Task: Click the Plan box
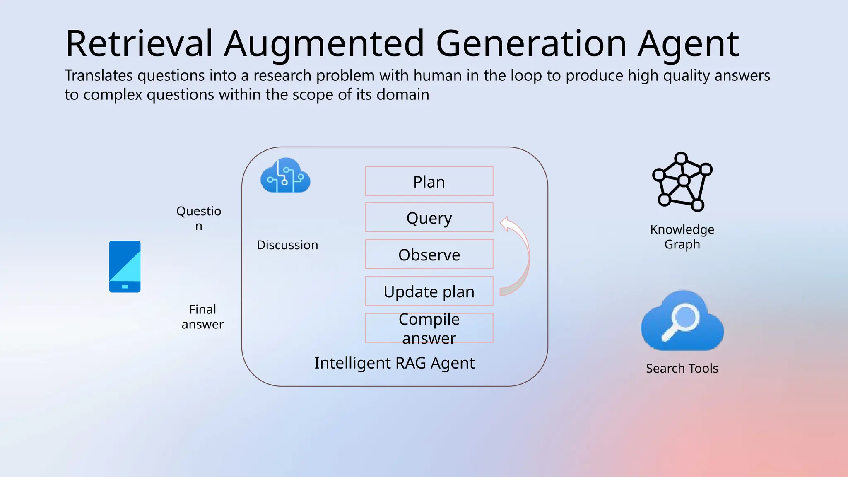(x=429, y=181)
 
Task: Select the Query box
(x=429, y=217)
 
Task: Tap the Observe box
(x=429, y=254)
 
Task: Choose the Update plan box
(x=429, y=291)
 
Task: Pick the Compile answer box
(x=429, y=328)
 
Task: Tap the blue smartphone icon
(x=125, y=267)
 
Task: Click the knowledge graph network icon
(x=682, y=182)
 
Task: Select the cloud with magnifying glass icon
(x=682, y=321)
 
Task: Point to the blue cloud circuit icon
(x=285, y=176)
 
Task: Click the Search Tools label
(x=682, y=368)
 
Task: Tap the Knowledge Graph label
(x=682, y=236)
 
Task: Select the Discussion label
(x=287, y=245)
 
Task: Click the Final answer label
(x=202, y=316)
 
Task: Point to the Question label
(x=199, y=218)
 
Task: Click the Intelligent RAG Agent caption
(x=394, y=363)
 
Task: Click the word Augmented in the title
(x=324, y=43)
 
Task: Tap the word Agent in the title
(x=688, y=43)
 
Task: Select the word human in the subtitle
(x=437, y=75)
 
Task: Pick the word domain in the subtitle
(x=402, y=94)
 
